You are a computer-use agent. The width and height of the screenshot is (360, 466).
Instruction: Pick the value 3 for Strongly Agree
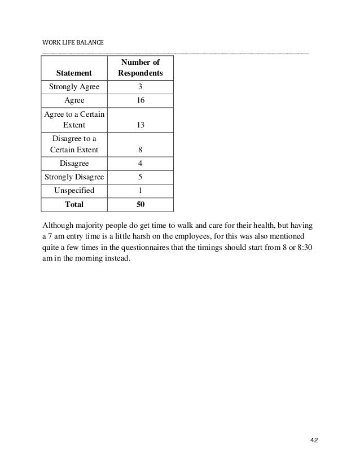[x=140, y=87]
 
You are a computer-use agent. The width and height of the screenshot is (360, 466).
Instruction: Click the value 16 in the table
[x=140, y=100]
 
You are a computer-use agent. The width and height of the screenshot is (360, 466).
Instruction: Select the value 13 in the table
[x=140, y=125]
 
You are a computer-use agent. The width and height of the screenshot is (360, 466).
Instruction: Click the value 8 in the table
[x=140, y=150]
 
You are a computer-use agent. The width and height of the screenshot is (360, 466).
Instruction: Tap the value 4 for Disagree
[x=140, y=163]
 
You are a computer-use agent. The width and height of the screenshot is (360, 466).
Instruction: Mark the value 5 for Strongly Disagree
[x=140, y=177]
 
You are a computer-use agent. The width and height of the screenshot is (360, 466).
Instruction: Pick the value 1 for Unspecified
[x=140, y=190]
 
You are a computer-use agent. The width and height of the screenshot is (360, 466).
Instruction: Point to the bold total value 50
[x=140, y=204]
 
